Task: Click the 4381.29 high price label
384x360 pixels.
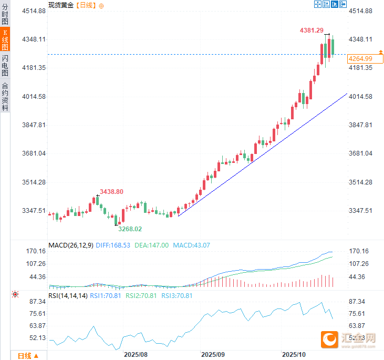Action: point(312,31)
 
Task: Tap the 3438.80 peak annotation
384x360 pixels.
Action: point(111,192)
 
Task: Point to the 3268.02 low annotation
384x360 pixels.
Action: point(129,229)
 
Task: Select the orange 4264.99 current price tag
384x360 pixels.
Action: point(360,58)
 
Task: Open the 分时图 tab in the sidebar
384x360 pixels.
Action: point(5,15)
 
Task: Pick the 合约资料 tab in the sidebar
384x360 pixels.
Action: point(5,96)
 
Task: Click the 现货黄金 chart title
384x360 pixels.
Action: point(60,5)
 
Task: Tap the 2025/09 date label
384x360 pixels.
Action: point(213,355)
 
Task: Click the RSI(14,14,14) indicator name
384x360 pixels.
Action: point(68,296)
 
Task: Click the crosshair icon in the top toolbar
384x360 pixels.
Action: point(318,4)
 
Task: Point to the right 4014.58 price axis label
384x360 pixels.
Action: point(361,97)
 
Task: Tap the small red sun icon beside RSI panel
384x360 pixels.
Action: point(15,294)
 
